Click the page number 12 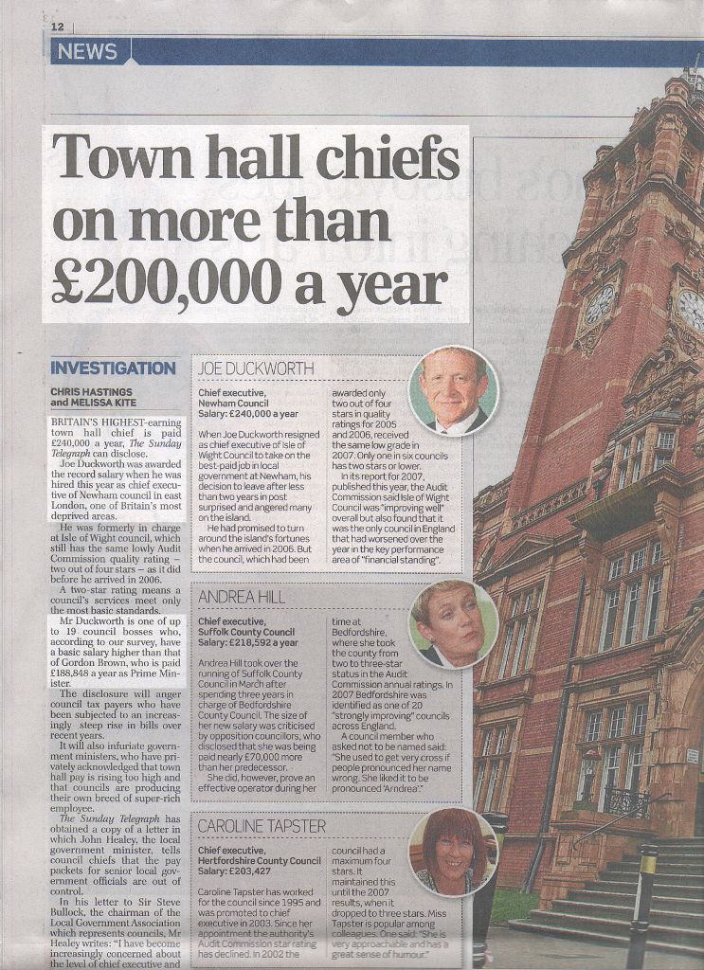(x=58, y=27)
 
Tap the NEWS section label (x=87, y=52)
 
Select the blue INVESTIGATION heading (x=113, y=368)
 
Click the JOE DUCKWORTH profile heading (x=255, y=368)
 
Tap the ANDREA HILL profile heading (x=243, y=597)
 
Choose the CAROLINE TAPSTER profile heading (x=262, y=826)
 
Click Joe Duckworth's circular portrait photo (x=453, y=390)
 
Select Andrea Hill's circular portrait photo (x=453, y=623)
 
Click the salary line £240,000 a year (x=248, y=414)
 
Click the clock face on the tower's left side (x=599, y=305)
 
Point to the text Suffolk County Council (x=246, y=632)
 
